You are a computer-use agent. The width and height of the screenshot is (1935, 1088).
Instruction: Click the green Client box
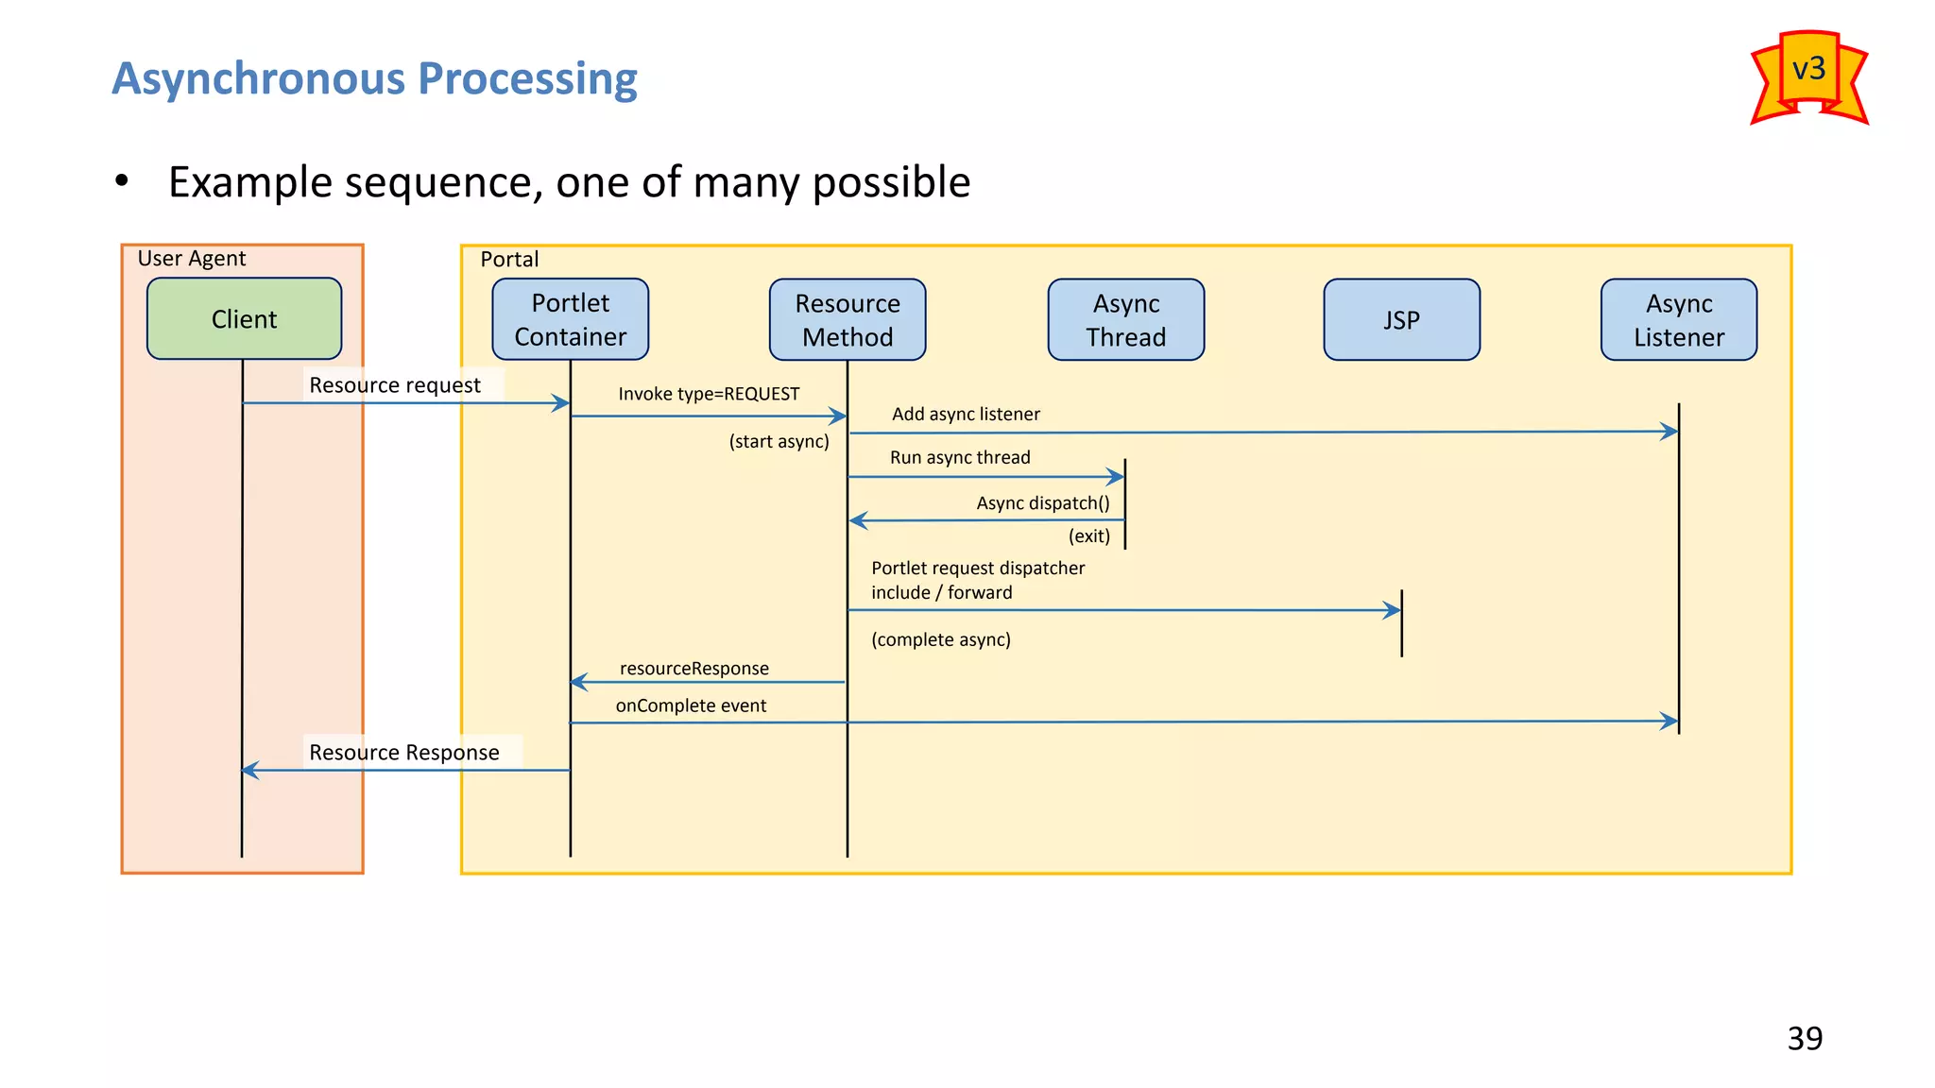[x=244, y=319]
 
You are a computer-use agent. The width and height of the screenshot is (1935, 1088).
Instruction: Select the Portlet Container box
[x=570, y=319]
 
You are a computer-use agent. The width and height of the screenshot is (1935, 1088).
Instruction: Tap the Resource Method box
[x=847, y=319]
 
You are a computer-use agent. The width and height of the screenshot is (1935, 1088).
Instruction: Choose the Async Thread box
[x=1125, y=319]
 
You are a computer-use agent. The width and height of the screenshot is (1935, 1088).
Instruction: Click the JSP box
[x=1401, y=319]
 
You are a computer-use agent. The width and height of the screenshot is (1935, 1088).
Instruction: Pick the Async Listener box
[x=1678, y=319]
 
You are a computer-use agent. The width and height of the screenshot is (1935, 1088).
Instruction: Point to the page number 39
[x=1804, y=1038]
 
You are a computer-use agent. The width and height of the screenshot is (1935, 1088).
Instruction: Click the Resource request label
[x=395, y=385]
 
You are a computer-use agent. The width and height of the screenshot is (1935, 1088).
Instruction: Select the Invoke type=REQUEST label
[x=709, y=394]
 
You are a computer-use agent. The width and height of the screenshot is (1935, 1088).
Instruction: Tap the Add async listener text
[x=966, y=414]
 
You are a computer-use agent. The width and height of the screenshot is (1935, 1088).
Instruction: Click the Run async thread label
[x=960, y=457]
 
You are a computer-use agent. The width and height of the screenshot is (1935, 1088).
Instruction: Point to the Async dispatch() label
[x=1042, y=503]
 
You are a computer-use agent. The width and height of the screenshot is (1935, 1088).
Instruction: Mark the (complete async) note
[x=940, y=639]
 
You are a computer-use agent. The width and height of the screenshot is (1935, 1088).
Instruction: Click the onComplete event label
[x=691, y=705]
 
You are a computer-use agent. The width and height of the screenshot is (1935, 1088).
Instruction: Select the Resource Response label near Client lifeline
[x=404, y=753]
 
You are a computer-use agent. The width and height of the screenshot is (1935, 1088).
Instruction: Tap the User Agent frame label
[x=192, y=259]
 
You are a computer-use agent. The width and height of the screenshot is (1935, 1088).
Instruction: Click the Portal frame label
[x=509, y=260]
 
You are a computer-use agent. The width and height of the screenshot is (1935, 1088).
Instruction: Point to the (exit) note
[x=1088, y=535]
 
